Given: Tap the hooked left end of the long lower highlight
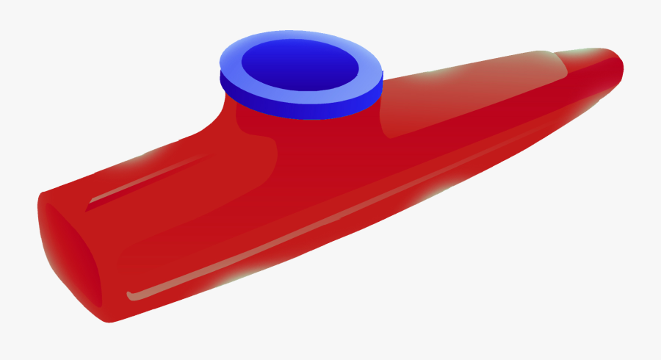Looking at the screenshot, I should [131, 295].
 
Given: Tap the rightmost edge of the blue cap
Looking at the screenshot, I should [383, 77].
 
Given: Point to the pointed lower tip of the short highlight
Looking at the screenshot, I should [87, 209].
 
